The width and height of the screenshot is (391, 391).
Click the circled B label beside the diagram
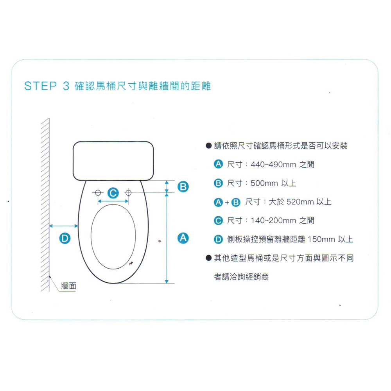tap(183, 187)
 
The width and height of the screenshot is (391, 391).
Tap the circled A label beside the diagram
tap(183, 238)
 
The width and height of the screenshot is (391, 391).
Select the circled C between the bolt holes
tap(113, 193)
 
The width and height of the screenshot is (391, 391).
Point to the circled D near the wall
tap(65, 238)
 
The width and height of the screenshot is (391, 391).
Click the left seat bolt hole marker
tap(98, 193)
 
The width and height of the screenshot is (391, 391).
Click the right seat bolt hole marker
tap(128, 193)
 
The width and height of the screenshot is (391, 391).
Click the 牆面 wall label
tap(68, 286)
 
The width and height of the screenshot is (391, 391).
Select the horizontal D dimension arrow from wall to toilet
tap(64, 226)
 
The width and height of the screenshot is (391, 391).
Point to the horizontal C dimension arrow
tap(113, 201)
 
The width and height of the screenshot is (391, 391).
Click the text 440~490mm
tap(273, 165)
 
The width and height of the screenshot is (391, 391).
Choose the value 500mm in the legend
tap(264, 183)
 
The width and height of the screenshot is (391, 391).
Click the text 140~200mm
tap(273, 221)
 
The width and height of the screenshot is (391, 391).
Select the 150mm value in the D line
tap(321, 239)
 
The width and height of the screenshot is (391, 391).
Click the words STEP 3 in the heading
tap(47, 86)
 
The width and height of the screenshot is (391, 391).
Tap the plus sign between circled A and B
tap(227, 202)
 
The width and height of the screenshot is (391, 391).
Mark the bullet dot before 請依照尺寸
tap(209, 145)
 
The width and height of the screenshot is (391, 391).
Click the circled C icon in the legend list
tap(218, 221)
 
